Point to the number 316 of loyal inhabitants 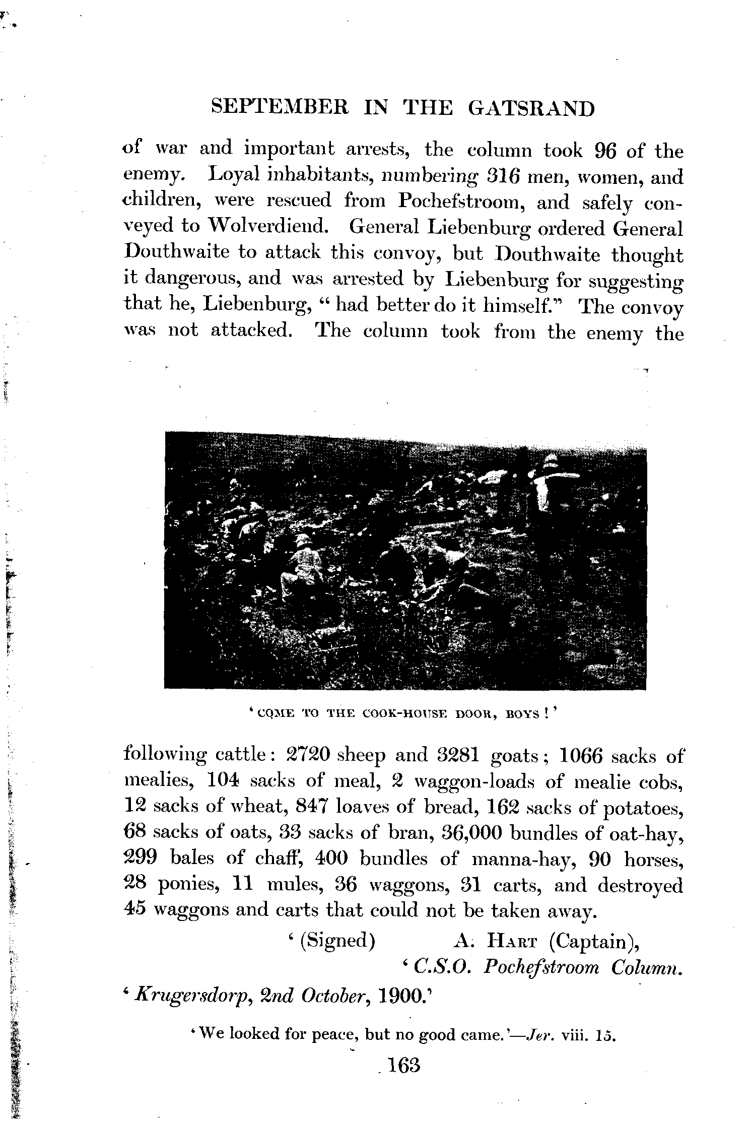pos(508,177)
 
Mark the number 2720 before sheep pos(308,756)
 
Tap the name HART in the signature pos(515,941)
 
